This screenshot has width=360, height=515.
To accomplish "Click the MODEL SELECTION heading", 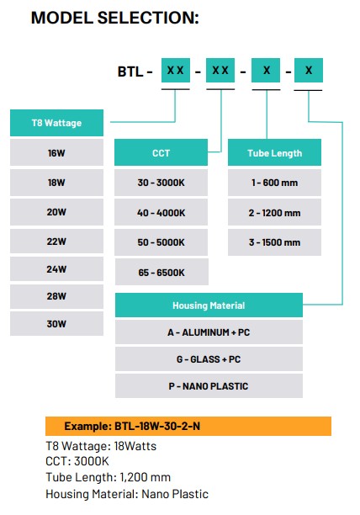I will pos(114,18).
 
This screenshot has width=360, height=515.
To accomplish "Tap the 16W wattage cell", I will pos(57,154).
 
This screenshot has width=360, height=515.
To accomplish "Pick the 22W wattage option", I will pos(57,240).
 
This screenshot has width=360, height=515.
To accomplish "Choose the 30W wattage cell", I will pos(57,324).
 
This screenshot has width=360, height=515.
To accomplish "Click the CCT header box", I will pos(161,153).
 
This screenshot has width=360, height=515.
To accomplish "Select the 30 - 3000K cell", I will pos(161,183).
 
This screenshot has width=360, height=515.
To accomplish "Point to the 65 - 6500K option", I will pos(161,272).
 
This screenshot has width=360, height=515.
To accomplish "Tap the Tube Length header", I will pos(274,153).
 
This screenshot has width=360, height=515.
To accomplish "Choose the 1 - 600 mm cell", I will pos(274,183).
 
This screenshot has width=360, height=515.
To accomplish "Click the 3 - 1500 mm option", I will pos(274,242).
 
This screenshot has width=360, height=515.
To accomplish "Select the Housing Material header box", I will pos(209,305).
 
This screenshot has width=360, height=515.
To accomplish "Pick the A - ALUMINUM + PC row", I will pos(209,332).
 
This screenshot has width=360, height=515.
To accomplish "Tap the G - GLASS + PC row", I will pos(209,359).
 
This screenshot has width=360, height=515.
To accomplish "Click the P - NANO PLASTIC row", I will pos(209,386).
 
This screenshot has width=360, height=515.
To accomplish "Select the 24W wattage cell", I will pos(57,268).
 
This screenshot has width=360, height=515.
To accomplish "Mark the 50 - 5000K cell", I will pos(161,242).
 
